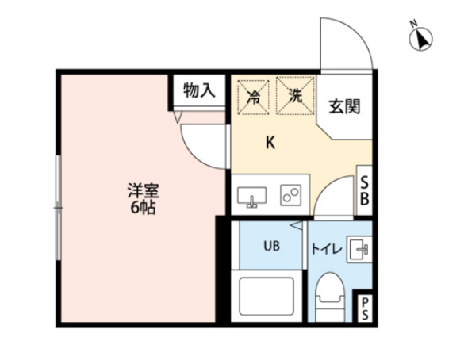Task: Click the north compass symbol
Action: tap(421, 37)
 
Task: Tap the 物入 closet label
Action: tap(199, 90)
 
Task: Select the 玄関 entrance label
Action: tap(345, 106)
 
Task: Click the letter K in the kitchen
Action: tap(270, 143)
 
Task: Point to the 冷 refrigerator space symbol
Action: tap(253, 96)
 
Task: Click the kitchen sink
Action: tap(252, 197)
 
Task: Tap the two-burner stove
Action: tap(290, 195)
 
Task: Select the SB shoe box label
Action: tap(364, 190)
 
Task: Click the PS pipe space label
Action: tap(365, 308)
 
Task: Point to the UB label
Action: tap(271, 246)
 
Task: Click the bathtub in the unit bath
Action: tap(267, 296)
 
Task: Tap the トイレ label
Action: tap(326, 249)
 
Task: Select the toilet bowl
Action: tap(330, 297)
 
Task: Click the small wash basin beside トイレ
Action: tap(359, 249)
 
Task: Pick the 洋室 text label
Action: tap(144, 190)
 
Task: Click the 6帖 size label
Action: tap(143, 207)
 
